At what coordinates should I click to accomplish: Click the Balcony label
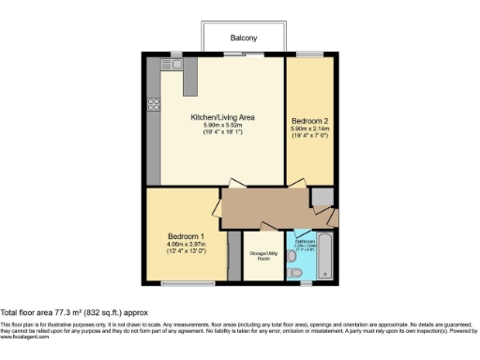tap(245, 38)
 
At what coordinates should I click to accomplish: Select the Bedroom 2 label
tap(308, 121)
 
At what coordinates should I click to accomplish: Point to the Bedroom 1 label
tap(187, 235)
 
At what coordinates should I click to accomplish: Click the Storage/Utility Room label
tap(262, 256)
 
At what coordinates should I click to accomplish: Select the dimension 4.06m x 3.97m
tap(187, 244)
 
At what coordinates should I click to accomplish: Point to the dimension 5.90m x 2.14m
tap(308, 129)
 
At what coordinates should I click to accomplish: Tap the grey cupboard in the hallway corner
tap(322, 196)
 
